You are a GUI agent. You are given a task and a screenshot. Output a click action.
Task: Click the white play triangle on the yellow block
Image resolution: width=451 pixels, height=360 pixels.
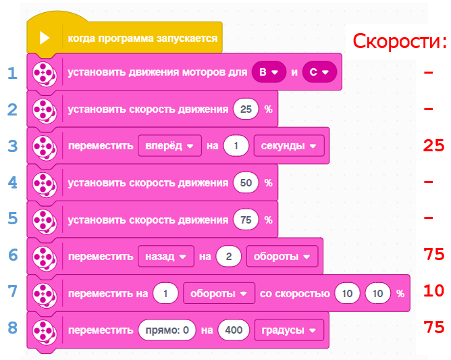(x=45, y=38)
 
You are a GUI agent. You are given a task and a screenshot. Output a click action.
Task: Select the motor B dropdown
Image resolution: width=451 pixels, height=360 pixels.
(x=269, y=72)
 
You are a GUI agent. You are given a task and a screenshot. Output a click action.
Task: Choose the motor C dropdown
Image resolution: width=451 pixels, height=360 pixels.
(x=319, y=72)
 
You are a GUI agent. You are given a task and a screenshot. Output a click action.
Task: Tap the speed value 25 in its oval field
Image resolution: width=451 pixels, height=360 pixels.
(x=246, y=109)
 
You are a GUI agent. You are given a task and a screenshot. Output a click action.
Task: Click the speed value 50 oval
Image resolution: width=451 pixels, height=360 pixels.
(x=246, y=182)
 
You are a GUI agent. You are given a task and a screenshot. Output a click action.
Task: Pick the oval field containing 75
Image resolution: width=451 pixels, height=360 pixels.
(x=246, y=220)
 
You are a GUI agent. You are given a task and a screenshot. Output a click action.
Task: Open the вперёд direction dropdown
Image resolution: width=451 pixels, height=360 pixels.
(x=169, y=145)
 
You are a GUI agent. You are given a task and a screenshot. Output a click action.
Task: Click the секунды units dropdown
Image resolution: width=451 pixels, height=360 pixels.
(x=288, y=145)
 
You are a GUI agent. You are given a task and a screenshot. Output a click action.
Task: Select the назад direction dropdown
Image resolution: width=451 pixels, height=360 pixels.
(x=165, y=256)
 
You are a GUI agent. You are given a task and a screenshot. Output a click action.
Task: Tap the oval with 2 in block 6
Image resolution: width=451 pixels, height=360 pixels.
(x=229, y=256)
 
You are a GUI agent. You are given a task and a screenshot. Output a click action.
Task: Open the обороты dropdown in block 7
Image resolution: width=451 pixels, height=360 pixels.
(x=218, y=293)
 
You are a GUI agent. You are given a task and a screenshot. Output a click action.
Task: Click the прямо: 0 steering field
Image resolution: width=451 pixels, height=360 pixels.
(x=165, y=330)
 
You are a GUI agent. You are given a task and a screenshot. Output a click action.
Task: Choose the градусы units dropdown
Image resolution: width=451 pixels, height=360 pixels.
(x=288, y=330)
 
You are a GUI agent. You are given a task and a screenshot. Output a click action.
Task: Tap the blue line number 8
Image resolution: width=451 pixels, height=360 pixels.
(x=12, y=328)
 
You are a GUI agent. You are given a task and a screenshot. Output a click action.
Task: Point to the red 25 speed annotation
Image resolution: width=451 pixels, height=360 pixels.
(x=433, y=145)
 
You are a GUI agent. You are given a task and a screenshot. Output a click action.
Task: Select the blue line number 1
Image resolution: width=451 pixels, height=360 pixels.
(x=12, y=72)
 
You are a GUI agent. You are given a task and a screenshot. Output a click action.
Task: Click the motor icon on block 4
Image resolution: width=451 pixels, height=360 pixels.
(x=44, y=182)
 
